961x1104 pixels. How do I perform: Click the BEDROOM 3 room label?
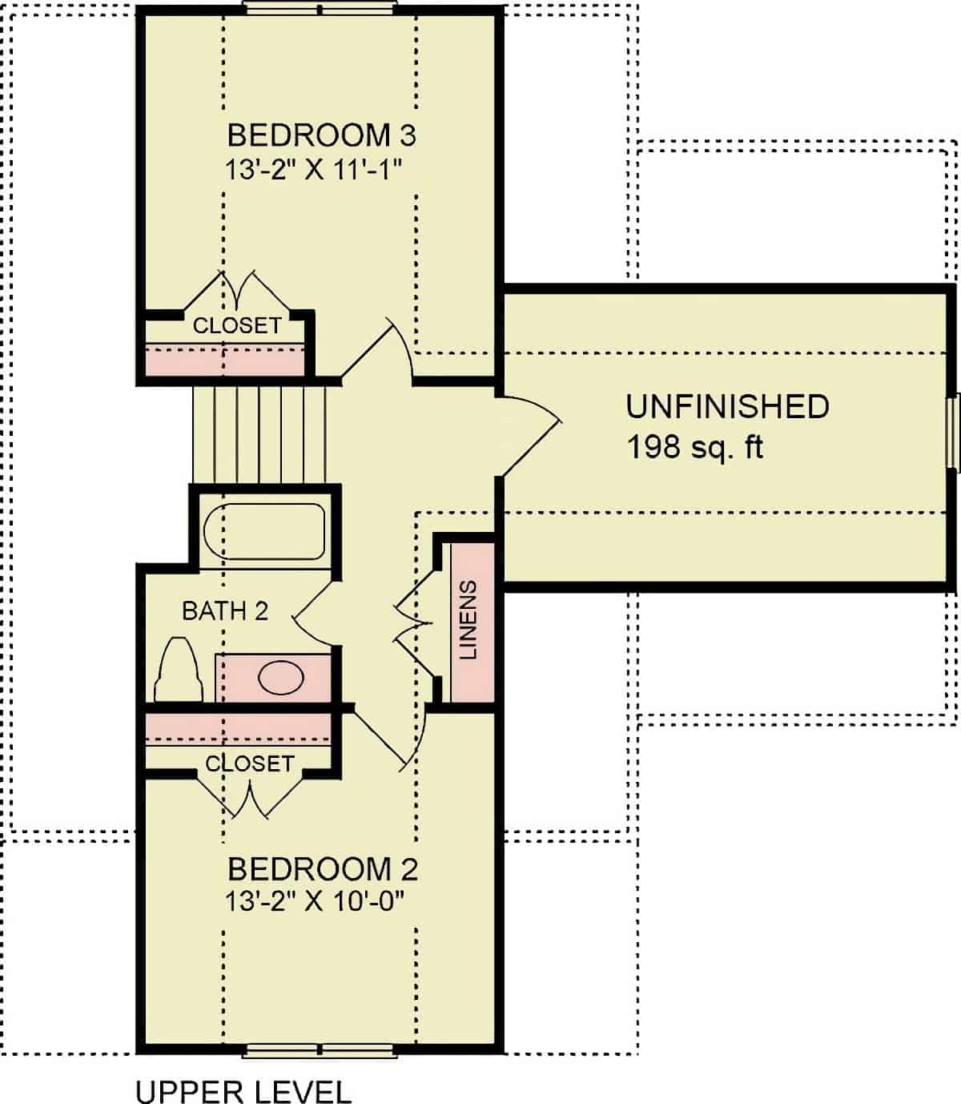[x=321, y=135]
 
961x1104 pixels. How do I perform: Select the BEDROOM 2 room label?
[x=322, y=868]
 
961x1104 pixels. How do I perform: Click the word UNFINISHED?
[x=727, y=406]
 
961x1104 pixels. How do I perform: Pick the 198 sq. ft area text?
[x=694, y=446]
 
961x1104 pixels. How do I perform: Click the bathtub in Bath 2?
[x=264, y=532]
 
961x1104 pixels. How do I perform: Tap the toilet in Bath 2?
[x=179, y=670]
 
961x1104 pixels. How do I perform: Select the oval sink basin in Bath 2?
[x=280, y=678]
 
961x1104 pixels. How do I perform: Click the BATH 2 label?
[x=225, y=611]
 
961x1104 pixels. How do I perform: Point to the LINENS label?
[x=469, y=620]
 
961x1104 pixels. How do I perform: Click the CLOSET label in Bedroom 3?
[x=237, y=325]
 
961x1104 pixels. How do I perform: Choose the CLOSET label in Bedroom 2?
[x=249, y=764]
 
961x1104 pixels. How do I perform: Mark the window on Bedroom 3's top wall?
[x=320, y=9]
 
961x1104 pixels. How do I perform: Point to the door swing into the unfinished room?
[x=529, y=433]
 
